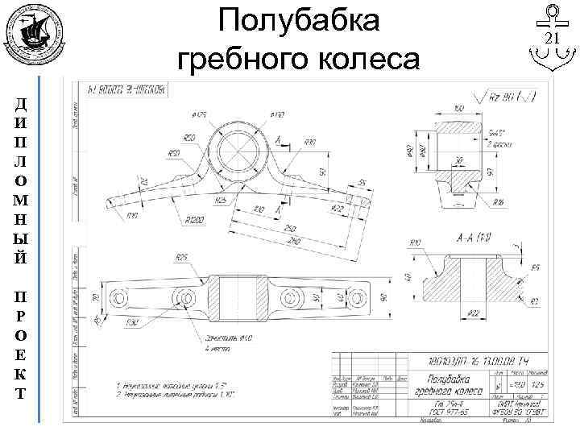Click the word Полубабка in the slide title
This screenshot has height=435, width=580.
299,21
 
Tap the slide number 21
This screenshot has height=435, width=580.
553,40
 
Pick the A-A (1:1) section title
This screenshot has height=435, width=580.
474,238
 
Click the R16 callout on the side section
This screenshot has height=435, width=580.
499,201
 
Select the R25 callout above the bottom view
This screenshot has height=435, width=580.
181,257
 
